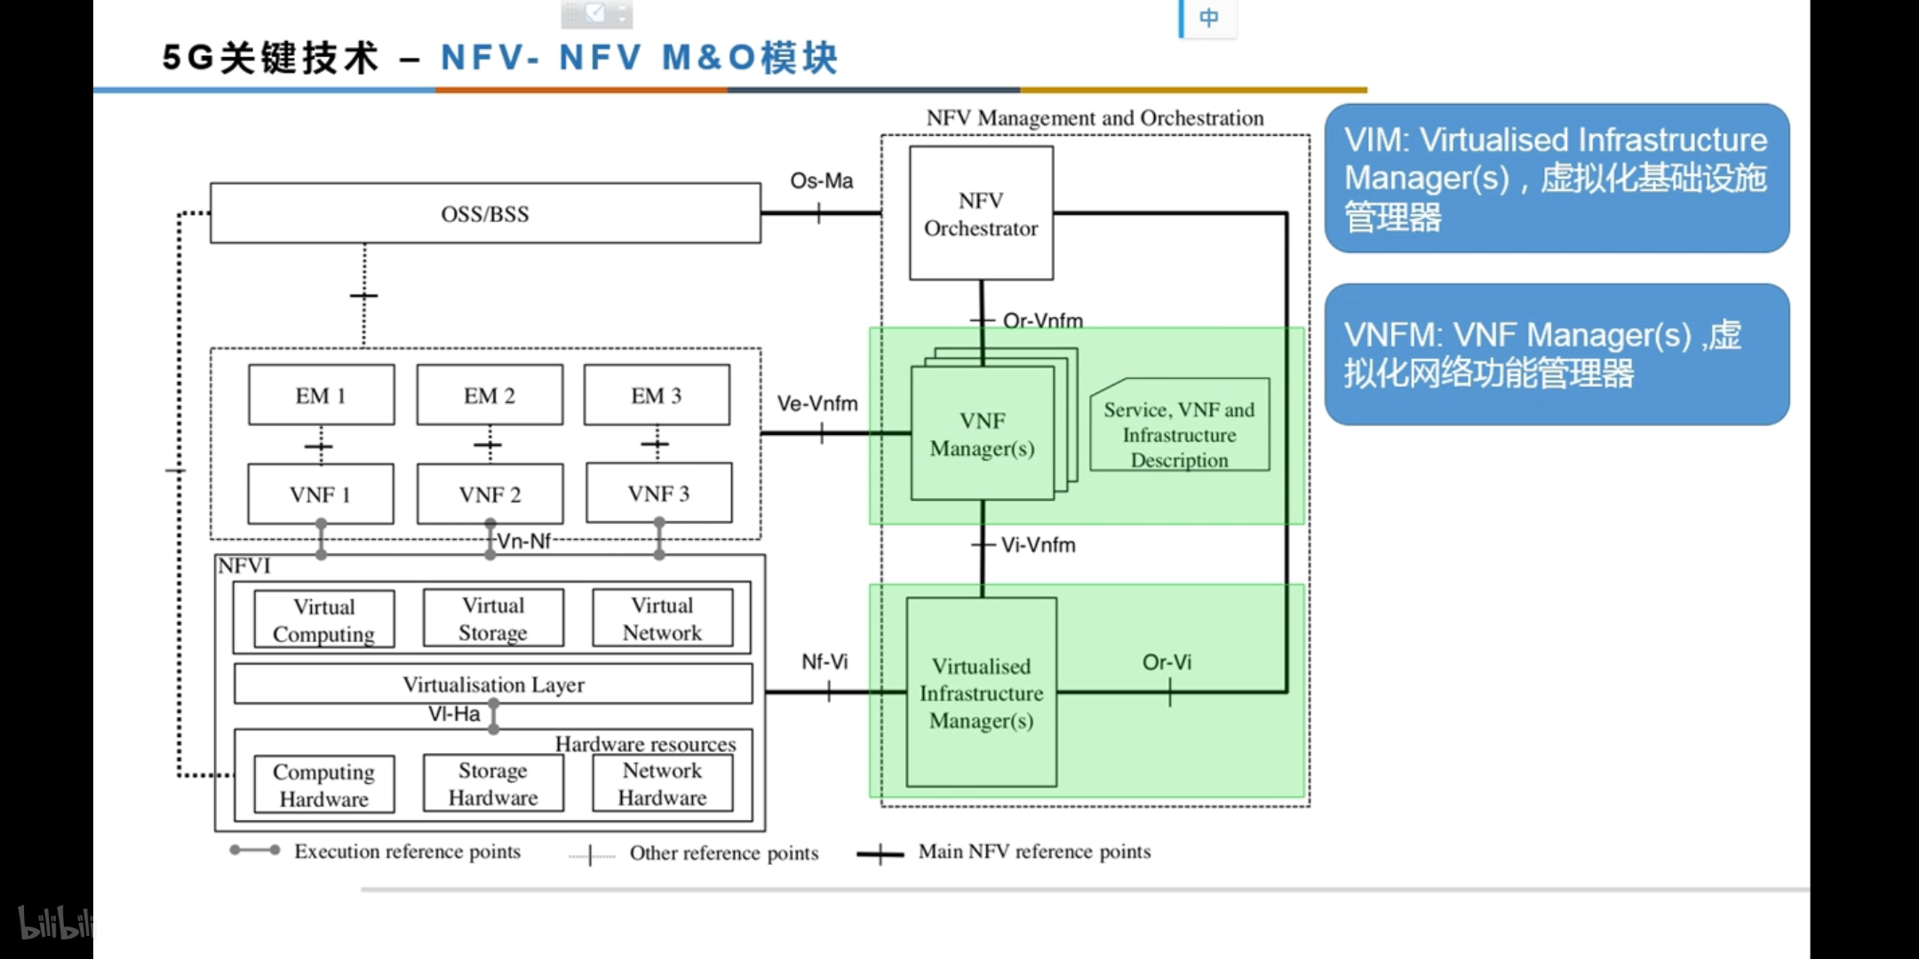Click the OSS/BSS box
click(x=485, y=213)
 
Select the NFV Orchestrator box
click(x=981, y=214)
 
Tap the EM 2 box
click(x=490, y=395)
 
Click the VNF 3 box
click(x=658, y=493)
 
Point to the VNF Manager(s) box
click(x=982, y=434)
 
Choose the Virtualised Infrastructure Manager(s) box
click(x=981, y=693)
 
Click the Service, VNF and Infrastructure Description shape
click(x=1179, y=434)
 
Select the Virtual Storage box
click(x=493, y=618)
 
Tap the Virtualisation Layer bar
click(x=493, y=684)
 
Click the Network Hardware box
click(x=662, y=783)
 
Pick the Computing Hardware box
click(x=323, y=784)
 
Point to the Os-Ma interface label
click(x=821, y=181)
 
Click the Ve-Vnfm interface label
click(x=817, y=404)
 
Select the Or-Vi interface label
click(x=1167, y=662)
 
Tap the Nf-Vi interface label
click(x=824, y=662)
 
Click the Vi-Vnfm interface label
click(x=1038, y=545)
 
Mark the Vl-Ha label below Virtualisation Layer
click(x=454, y=714)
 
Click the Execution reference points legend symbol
click(x=255, y=851)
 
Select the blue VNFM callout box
click(x=1557, y=354)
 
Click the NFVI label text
click(x=244, y=567)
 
